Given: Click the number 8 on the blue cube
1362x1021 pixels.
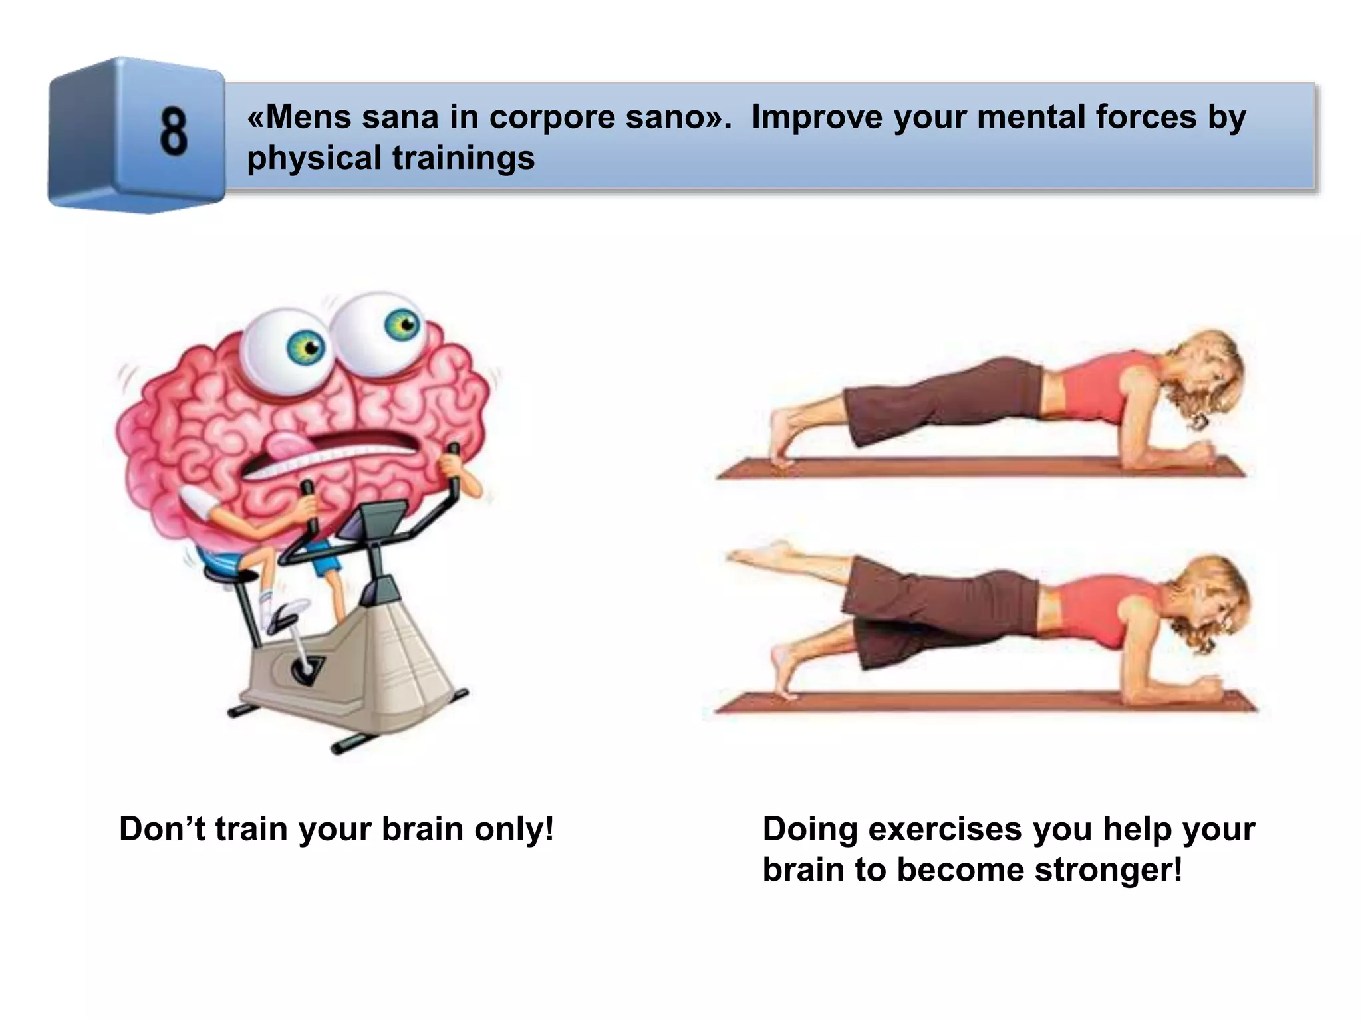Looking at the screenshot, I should coord(174,132).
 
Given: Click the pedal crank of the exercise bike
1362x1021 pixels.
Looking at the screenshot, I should coord(305,668).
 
